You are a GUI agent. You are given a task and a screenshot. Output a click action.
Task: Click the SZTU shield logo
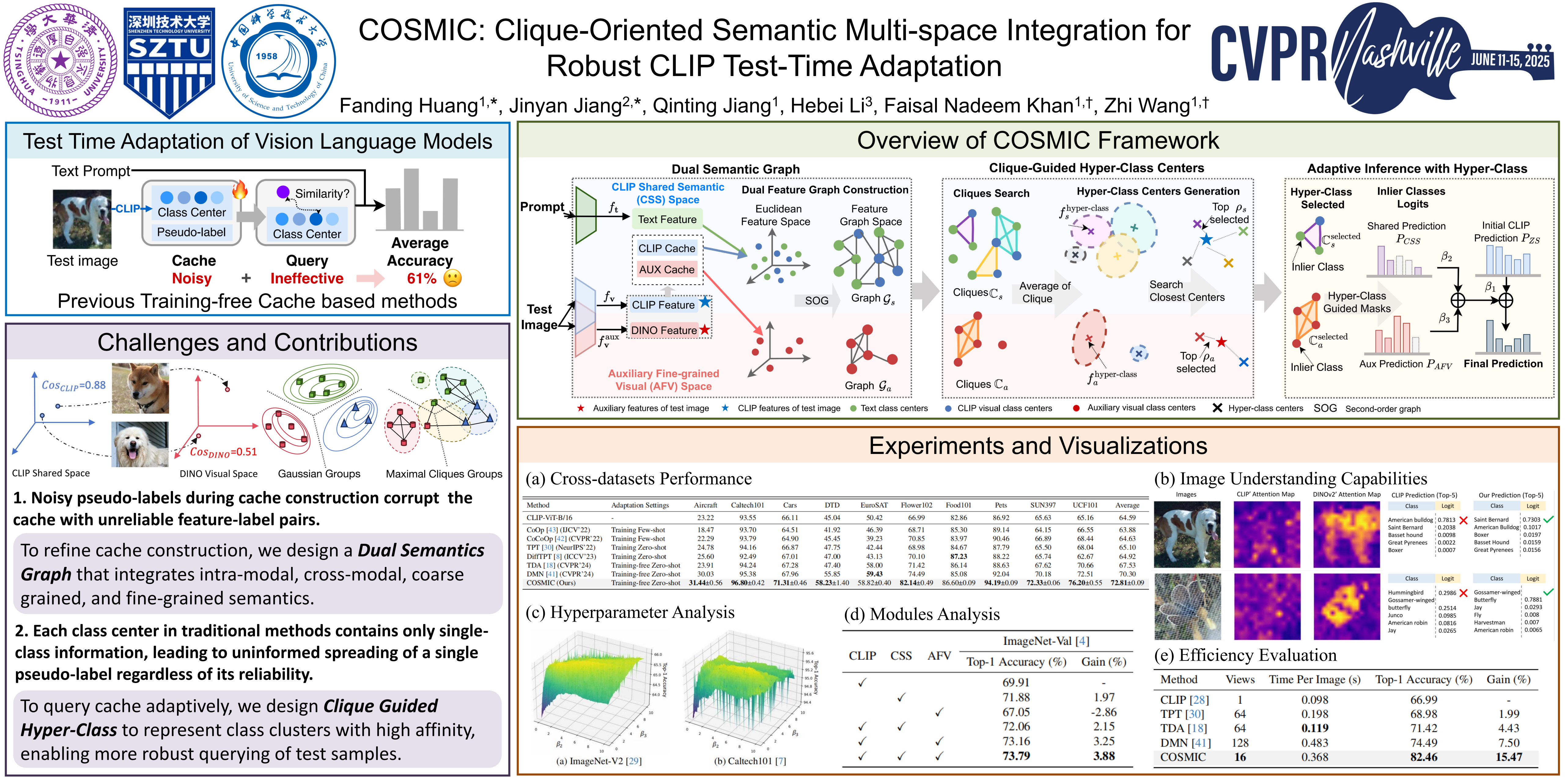pos(169,61)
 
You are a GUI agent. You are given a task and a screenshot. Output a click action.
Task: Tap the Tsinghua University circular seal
pos(61,61)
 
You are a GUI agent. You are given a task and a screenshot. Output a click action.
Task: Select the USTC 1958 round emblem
pos(278,61)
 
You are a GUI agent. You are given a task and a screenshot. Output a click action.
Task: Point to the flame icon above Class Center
pos(240,190)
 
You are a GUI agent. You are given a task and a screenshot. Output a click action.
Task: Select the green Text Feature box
pos(667,219)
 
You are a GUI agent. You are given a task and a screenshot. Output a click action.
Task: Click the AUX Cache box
pos(666,269)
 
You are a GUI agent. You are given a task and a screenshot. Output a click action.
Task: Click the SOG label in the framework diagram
pos(816,301)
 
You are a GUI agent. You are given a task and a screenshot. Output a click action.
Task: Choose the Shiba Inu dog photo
pos(140,389)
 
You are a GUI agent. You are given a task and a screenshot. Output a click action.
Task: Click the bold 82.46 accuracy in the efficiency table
pos(1423,757)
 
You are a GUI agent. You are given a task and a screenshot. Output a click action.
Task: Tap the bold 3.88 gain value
pos(1104,756)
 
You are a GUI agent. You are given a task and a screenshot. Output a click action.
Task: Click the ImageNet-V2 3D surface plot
pos(598,692)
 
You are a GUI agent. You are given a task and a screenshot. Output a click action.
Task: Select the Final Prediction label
pos(1503,364)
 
